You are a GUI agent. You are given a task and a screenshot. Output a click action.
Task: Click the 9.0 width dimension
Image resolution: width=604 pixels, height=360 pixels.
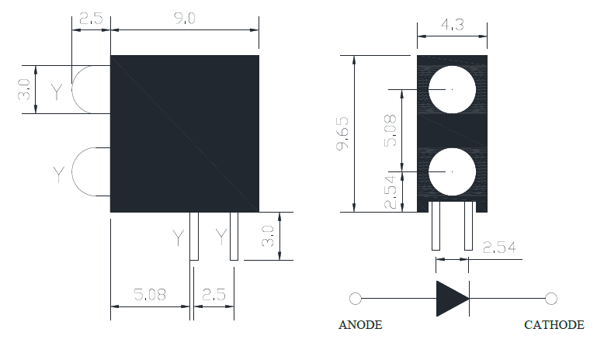pos(184,19)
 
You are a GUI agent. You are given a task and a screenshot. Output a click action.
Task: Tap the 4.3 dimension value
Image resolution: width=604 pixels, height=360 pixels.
pos(453,25)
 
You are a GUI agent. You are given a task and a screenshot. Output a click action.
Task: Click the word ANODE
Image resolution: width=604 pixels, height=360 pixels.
pos(360,325)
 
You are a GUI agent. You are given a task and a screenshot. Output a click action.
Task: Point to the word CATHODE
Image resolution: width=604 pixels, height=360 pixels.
pos(554,325)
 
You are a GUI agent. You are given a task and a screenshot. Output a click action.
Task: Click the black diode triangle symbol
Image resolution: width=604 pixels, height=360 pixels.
pos(452,299)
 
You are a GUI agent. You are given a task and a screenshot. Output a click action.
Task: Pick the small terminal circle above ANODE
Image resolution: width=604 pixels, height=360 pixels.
pos(356,299)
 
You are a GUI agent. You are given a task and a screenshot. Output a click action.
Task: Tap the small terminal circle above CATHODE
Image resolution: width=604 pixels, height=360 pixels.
pos(551,299)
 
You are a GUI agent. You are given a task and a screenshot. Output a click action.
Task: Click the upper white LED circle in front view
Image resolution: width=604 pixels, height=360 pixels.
pos(452,90)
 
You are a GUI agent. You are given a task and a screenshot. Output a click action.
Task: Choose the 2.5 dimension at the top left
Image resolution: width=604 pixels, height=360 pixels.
pos(91,19)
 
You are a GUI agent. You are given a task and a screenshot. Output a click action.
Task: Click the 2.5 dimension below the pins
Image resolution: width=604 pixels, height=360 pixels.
pos(213,295)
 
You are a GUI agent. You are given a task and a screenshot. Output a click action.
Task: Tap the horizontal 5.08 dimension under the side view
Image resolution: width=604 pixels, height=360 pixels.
pos(149,295)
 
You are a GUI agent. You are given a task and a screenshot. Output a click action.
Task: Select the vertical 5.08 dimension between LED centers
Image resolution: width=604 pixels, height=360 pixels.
pos(391,130)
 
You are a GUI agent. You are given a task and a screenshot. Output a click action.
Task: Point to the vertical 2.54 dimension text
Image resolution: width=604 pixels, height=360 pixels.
pos(391,192)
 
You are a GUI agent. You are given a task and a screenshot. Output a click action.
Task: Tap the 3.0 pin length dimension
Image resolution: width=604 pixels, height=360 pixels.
pos(268,236)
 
